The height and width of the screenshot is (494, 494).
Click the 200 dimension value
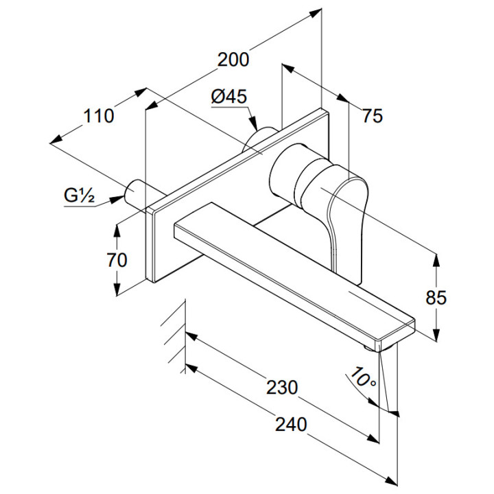point(233,60)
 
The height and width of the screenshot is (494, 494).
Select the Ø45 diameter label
point(228,97)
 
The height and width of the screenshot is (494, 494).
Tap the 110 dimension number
point(99,116)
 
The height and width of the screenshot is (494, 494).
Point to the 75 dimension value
point(372,117)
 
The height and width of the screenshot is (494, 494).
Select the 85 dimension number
point(436,298)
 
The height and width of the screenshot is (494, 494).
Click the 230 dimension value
point(282,387)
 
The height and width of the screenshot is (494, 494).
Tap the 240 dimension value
point(291,424)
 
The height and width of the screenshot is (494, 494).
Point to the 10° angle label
point(362,377)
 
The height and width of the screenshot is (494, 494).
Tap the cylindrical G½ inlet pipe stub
point(137,193)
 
